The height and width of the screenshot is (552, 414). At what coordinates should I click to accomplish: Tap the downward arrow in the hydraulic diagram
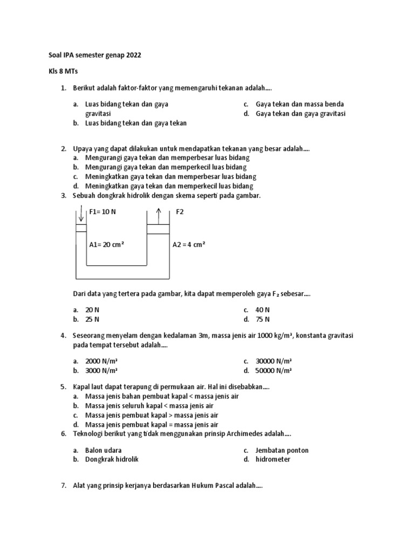click(81, 214)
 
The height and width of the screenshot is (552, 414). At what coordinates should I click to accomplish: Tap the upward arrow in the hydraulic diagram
click(158, 214)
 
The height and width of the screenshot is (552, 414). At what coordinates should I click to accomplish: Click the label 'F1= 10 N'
click(102, 212)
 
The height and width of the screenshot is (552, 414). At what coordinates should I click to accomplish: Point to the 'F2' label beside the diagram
click(180, 212)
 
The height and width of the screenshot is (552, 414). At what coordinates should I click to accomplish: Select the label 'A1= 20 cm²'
click(107, 244)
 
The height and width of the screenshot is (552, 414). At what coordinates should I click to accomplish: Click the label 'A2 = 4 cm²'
click(189, 244)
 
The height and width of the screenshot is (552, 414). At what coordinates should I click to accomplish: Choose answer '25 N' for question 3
click(92, 319)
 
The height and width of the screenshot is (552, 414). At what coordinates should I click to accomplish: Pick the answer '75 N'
click(263, 319)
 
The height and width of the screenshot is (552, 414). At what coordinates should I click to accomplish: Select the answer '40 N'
click(263, 310)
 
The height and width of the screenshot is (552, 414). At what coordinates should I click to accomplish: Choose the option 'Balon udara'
click(103, 450)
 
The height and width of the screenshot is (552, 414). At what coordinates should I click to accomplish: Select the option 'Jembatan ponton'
click(282, 450)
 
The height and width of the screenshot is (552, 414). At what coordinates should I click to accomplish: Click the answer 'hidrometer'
click(273, 459)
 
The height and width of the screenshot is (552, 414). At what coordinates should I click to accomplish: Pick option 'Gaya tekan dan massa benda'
click(300, 104)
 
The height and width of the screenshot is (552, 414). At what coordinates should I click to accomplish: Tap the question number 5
click(63, 387)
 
